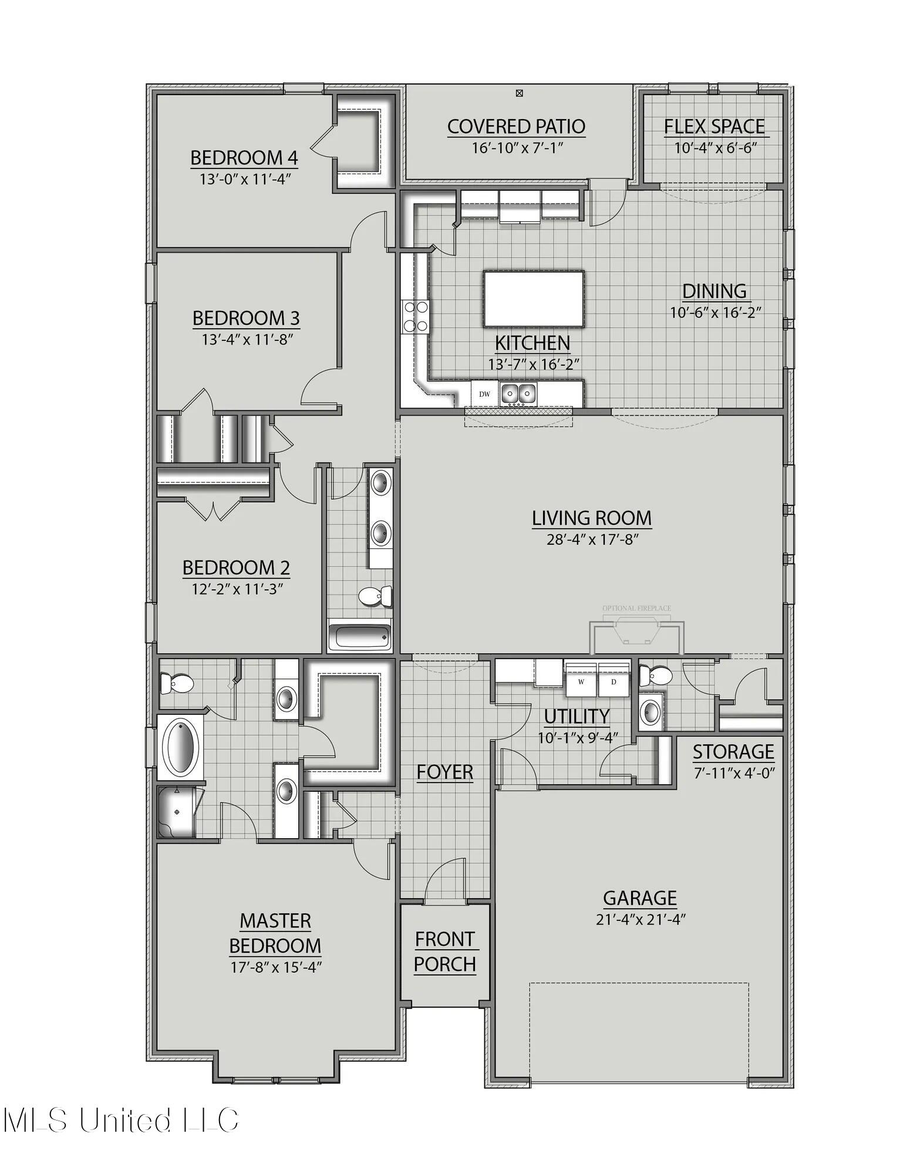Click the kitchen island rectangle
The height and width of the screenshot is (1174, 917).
(533, 299)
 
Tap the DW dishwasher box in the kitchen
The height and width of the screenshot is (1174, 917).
(484, 394)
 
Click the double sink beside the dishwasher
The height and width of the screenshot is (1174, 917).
(518, 393)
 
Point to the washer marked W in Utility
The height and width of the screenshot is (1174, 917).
(581, 682)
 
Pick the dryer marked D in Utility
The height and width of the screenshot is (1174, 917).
(613, 682)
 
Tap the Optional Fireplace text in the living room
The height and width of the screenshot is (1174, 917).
(636, 608)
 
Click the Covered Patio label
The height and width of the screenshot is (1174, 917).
(516, 126)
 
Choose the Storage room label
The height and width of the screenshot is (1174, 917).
(733, 752)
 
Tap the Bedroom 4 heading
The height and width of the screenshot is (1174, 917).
(244, 158)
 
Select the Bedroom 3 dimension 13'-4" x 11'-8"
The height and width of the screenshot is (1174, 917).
(247, 339)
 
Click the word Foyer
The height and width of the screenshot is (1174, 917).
(444, 772)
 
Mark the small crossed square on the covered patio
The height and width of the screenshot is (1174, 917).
(519, 93)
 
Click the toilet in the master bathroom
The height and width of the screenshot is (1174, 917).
(177, 683)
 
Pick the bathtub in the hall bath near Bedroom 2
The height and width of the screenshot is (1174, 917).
(359, 636)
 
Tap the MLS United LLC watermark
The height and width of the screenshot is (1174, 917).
(120, 1120)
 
